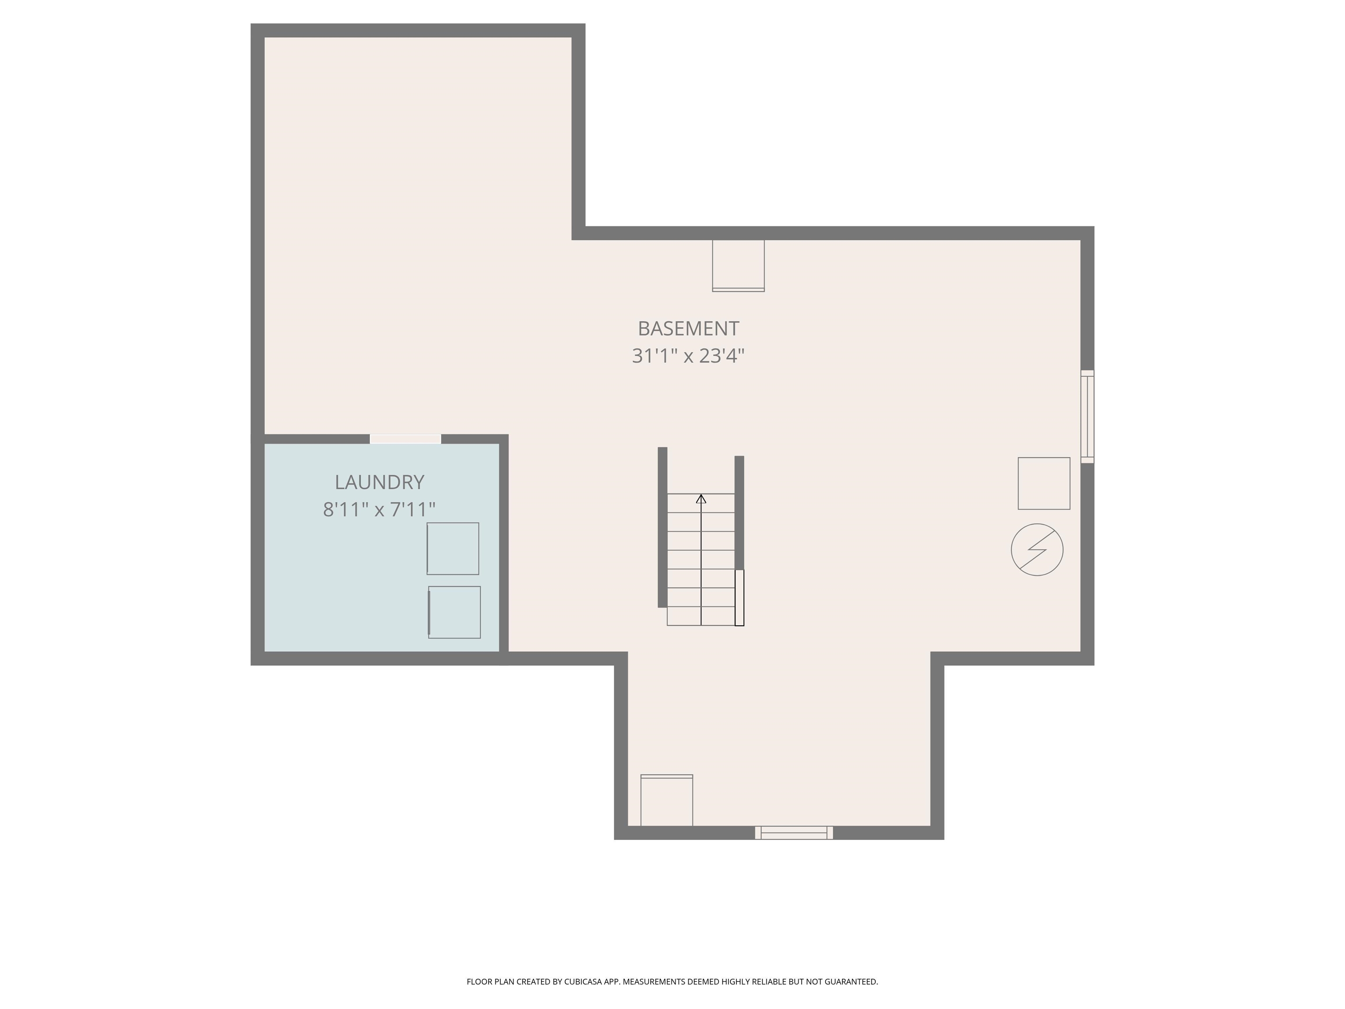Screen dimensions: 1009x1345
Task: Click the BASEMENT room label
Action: tap(688, 328)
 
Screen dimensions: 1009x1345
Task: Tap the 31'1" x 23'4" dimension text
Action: tap(688, 356)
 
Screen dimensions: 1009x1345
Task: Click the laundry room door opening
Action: tap(405, 438)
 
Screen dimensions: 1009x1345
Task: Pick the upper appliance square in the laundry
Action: tap(452, 548)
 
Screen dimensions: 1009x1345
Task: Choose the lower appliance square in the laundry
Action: tap(454, 612)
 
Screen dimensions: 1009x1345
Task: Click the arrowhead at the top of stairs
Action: tap(701, 499)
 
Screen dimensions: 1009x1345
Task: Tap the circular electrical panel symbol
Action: tap(1037, 549)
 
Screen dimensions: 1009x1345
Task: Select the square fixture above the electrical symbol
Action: tap(1043, 483)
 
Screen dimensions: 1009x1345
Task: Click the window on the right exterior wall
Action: tap(1087, 416)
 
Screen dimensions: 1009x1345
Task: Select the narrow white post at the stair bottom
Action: tap(739, 597)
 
